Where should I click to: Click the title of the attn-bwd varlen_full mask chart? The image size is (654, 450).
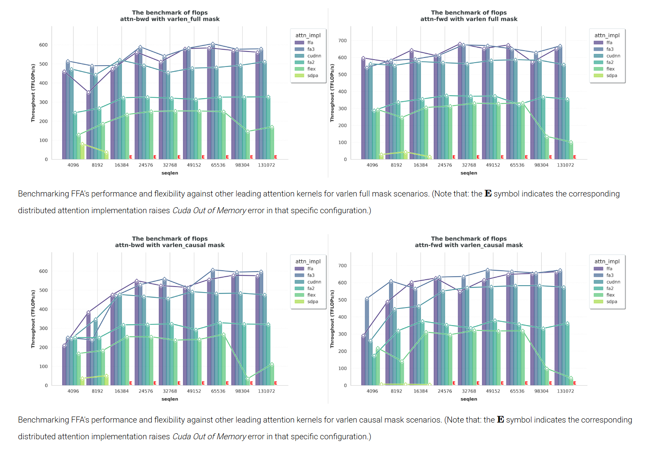[170, 16]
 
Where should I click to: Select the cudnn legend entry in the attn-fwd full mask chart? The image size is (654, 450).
[613, 56]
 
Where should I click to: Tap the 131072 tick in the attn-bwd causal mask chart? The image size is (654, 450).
[266, 391]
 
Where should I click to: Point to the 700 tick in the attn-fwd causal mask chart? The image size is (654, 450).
[342, 266]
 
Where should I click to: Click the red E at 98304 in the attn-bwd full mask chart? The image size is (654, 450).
[252, 157]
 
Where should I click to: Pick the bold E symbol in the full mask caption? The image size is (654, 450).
[488, 194]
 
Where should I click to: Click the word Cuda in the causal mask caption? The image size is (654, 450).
[181, 437]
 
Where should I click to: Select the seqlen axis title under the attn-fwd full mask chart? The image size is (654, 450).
[468, 173]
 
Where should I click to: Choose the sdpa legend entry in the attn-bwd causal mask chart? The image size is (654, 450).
[312, 302]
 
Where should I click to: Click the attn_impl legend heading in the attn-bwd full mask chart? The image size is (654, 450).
[308, 36]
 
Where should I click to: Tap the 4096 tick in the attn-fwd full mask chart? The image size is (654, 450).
[372, 165]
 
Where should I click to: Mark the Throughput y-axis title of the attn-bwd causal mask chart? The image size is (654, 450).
[33, 319]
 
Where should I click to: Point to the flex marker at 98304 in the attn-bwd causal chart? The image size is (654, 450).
[248, 379]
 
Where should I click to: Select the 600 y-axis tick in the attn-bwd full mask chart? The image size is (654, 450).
[43, 45]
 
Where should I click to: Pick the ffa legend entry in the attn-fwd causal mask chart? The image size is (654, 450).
[609, 269]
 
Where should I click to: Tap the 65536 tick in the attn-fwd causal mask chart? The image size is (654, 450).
[517, 391]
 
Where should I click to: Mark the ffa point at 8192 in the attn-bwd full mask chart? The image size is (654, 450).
[88, 93]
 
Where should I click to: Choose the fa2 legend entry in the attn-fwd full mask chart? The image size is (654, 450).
[610, 62]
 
